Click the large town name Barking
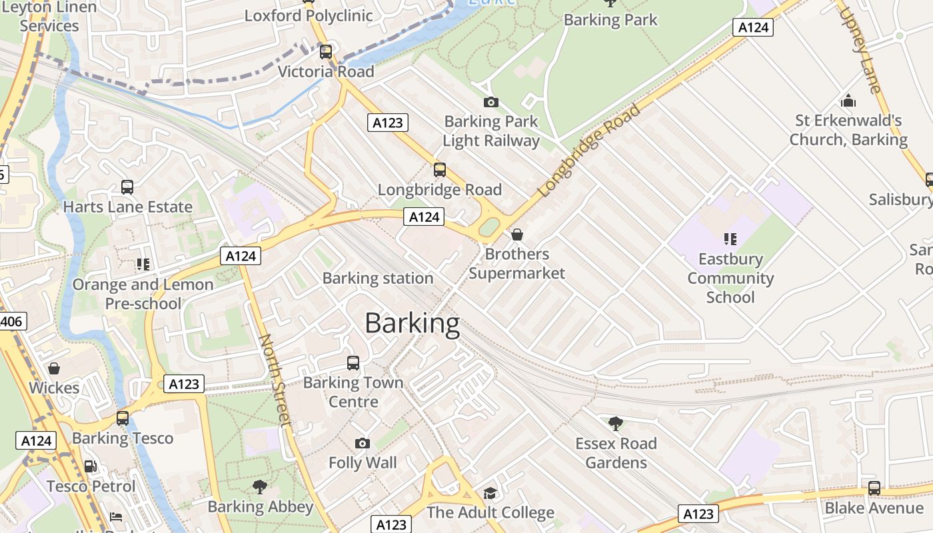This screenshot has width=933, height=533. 412,324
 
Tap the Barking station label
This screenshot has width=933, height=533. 378,278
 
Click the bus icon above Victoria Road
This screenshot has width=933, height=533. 326,52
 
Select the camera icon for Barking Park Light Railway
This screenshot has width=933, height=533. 491,102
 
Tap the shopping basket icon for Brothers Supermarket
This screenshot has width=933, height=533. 517,235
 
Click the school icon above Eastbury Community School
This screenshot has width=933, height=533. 730,239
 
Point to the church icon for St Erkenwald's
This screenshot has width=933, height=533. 848,101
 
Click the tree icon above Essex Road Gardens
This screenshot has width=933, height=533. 616,423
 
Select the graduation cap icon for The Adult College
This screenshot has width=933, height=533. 490,493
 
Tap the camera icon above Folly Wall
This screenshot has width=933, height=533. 363,443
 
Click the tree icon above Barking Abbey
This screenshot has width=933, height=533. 260,487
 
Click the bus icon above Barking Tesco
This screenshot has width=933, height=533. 123,418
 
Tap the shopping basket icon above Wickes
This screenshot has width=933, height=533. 54,368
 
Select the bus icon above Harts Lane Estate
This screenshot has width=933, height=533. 127,187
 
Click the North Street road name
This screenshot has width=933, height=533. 275,379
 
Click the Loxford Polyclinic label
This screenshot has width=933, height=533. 309,15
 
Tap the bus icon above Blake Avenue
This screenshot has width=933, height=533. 874,488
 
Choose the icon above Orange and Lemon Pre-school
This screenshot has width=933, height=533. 143,265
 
